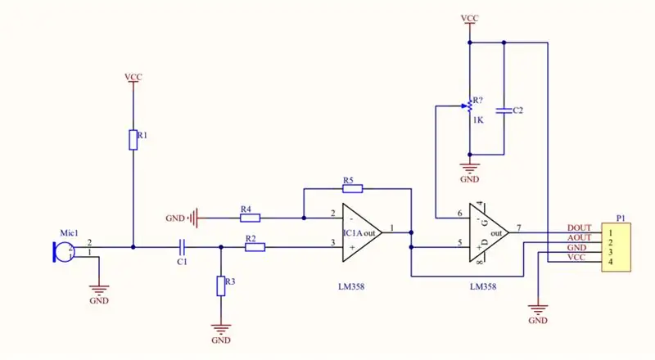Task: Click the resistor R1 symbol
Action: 133,139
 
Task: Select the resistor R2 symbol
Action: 255,247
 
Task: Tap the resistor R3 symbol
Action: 221,286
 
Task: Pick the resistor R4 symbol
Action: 251,218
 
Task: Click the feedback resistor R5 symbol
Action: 353,189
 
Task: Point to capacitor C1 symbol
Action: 182,247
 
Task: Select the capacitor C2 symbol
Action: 504,110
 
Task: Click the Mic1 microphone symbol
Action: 64,252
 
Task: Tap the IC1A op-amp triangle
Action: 362,232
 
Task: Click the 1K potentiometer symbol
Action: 469,106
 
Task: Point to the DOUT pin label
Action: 579,228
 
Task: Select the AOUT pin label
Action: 579,237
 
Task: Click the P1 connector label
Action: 621,218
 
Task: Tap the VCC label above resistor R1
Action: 133,77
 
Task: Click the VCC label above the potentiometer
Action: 469,18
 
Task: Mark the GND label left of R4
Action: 175,218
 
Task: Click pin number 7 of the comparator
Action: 519,228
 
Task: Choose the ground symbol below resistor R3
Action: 221,328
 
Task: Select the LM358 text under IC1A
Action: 351,286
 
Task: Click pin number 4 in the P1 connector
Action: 610,262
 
